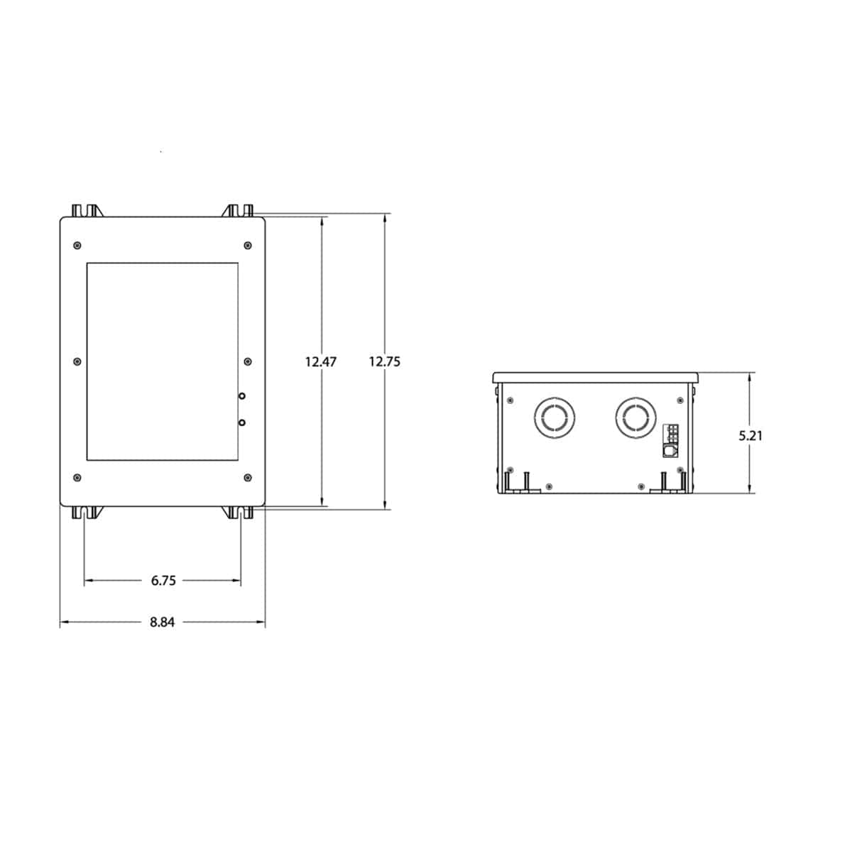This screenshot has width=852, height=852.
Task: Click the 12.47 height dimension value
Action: click(321, 361)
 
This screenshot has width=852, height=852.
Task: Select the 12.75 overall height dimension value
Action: click(385, 361)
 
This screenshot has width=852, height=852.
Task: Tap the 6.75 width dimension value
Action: click(163, 581)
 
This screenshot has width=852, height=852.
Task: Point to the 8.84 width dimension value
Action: click(162, 623)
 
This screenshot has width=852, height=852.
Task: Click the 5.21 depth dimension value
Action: click(750, 436)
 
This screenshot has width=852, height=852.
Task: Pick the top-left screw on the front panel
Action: click(77, 246)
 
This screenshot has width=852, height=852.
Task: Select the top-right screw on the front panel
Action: click(247, 246)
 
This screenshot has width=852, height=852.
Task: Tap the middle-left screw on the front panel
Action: click(77, 361)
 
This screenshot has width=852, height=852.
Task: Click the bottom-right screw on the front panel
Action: click(247, 477)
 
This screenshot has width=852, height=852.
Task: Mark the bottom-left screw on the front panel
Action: click(77, 477)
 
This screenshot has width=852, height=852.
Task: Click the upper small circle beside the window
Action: click(242, 395)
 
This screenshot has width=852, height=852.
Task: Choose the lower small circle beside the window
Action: click(242, 422)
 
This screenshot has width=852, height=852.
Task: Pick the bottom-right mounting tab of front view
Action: click(240, 513)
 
